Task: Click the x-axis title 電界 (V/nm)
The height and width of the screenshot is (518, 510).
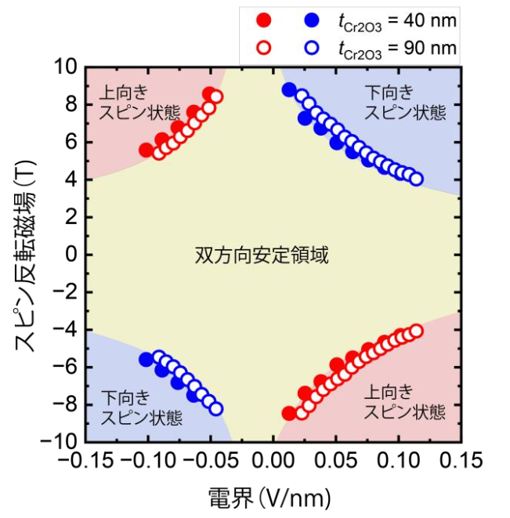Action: point(270,495)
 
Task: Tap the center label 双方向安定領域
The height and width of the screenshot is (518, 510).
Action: point(260,255)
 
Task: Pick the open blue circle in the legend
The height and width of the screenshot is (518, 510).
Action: point(313,49)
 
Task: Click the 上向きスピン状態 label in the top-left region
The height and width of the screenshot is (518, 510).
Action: point(130,102)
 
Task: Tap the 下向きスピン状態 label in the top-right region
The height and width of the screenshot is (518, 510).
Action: point(405,102)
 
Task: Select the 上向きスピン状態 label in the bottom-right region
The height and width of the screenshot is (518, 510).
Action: point(405,400)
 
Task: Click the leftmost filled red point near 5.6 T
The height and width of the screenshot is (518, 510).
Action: point(146,150)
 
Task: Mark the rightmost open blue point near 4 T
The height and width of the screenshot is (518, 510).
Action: point(416,179)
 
